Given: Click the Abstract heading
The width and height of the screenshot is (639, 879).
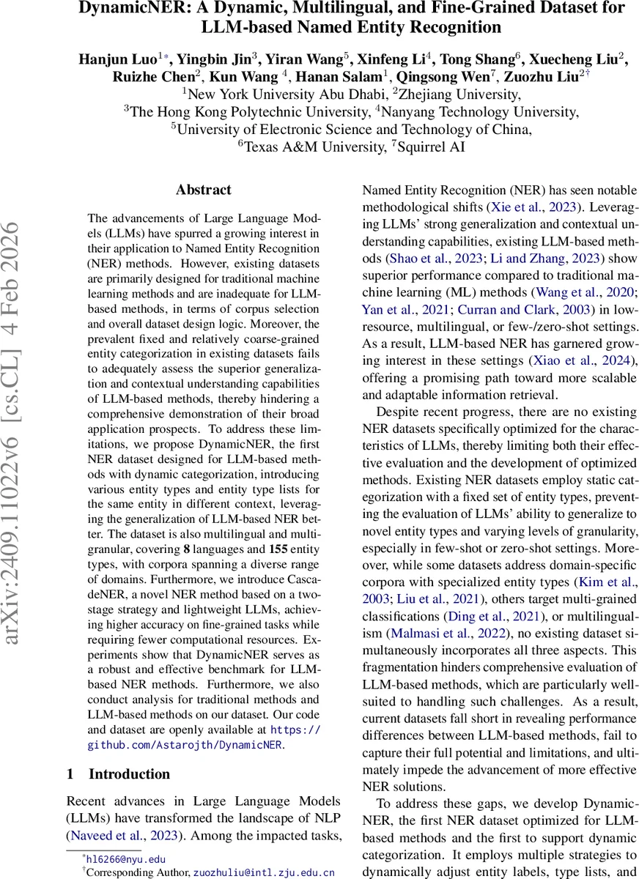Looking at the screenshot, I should [204, 190].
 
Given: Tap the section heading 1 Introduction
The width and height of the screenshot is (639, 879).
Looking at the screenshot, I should [118, 774].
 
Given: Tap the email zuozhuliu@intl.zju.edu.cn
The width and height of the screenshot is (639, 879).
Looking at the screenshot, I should [264, 872].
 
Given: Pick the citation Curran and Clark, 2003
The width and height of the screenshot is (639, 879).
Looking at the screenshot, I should [511, 309].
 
